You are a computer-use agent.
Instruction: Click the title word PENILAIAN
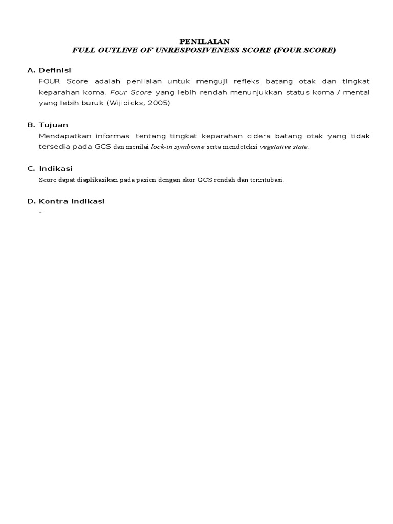click(x=204, y=41)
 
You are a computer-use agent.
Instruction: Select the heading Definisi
click(x=54, y=70)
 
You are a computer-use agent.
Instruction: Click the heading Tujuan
click(x=53, y=125)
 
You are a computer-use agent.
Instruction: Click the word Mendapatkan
click(x=63, y=136)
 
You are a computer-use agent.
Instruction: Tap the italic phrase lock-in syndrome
click(x=177, y=147)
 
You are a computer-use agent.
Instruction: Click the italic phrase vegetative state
click(x=284, y=147)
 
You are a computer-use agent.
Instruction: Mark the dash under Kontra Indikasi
click(x=40, y=212)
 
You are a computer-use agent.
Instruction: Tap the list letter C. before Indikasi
click(x=31, y=169)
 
